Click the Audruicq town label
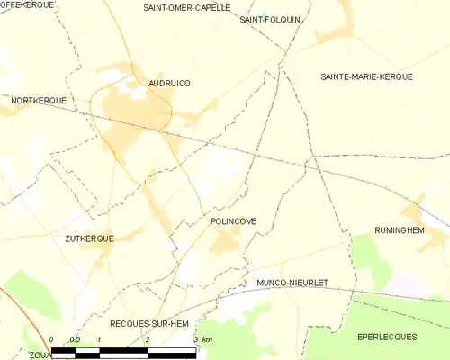tap(168, 83)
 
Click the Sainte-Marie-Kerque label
tap(366, 77)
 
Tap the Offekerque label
tap(27, 5)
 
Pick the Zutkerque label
tap(89, 239)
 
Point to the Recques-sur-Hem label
tap(149, 322)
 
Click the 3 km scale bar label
tap(203, 339)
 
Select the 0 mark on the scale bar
tap(51, 339)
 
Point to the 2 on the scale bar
tap(148, 339)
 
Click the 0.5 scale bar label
tap(75, 339)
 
